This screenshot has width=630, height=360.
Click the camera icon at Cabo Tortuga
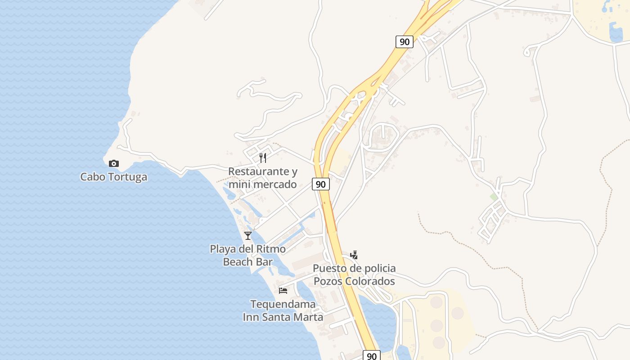click(x=114, y=163)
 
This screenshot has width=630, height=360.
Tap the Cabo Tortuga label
click(x=113, y=177)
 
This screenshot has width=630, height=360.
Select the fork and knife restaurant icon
click(x=263, y=157)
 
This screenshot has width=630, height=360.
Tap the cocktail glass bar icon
click(x=248, y=235)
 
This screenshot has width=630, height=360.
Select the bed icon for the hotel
click(x=283, y=290)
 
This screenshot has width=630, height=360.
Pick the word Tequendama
click(x=283, y=304)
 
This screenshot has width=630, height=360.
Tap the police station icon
click(x=354, y=255)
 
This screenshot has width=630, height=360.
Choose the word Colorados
click(x=374, y=281)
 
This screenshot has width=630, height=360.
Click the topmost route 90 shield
click(x=405, y=42)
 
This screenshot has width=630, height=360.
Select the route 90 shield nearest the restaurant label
click(x=320, y=184)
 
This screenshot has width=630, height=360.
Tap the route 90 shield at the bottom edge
click(x=371, y=356)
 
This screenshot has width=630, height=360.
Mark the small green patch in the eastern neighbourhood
click(x=494, y=197)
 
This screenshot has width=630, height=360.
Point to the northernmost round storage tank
click(x=436, y=301)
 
